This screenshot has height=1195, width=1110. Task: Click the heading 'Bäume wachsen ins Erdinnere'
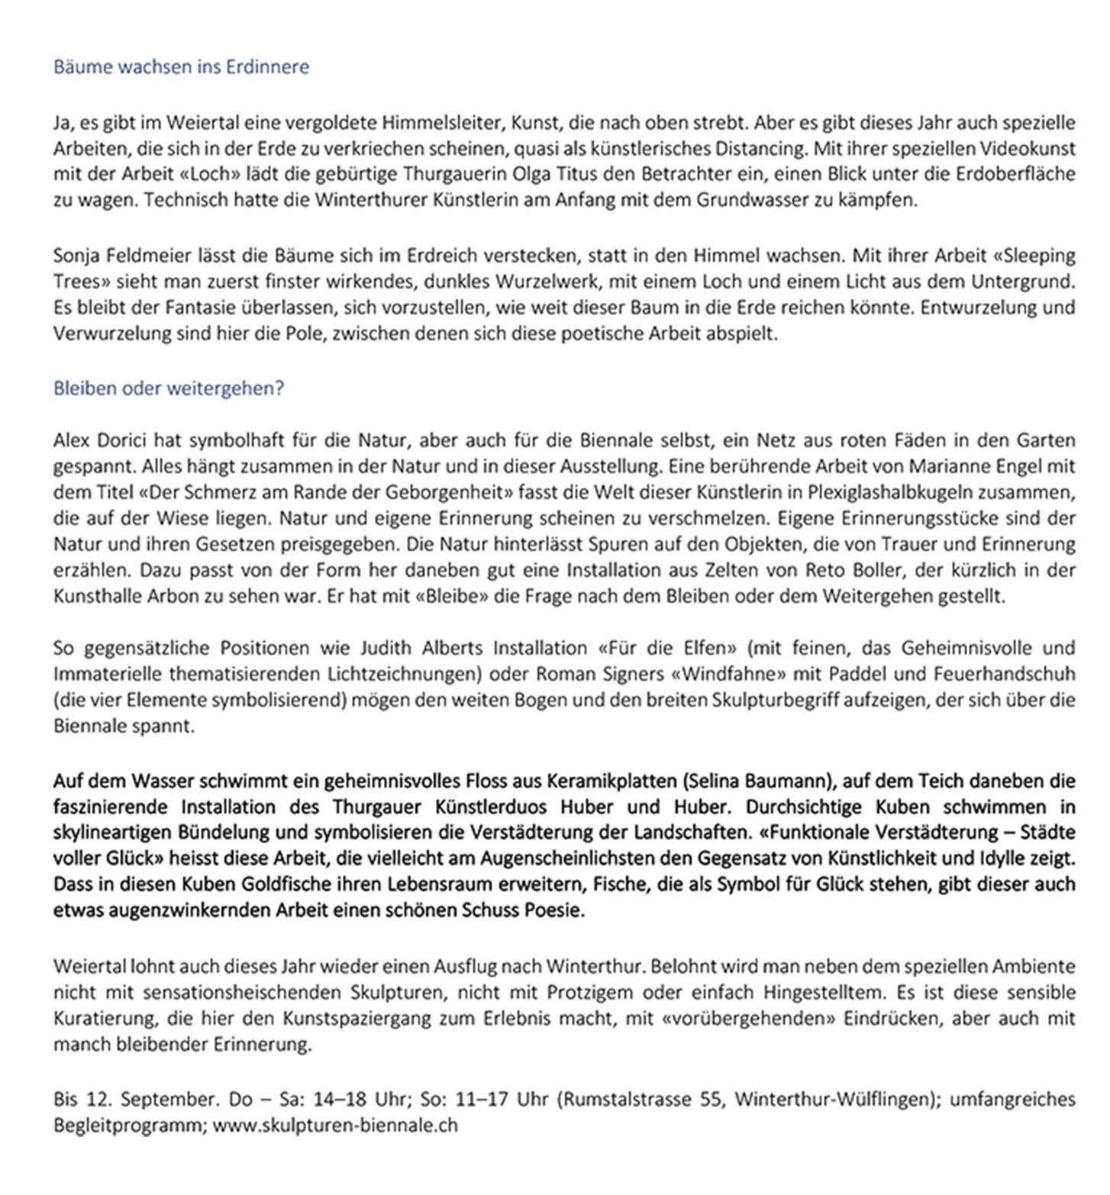coord(181,67)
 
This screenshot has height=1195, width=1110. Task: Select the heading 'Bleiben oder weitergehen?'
coord(168,388)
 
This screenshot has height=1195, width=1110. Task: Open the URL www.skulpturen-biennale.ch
coord(335,1126)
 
